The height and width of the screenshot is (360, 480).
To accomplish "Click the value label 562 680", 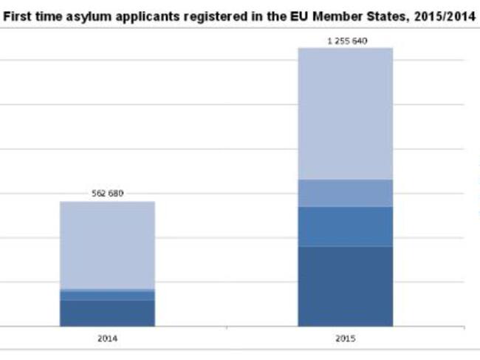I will [x=107, y=194].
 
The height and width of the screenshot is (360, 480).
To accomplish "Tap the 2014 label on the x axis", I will [x=107, y=339].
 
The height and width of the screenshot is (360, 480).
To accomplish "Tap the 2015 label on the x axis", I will [x=346, y=339].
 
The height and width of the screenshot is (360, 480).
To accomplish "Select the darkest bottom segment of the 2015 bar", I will [x=346, y=285].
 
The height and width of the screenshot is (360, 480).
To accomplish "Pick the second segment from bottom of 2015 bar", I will [x=346, y=225].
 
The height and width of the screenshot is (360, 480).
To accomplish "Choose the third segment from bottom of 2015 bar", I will [x=346, y=192].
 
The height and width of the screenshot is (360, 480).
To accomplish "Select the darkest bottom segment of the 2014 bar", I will [x=107, y=312].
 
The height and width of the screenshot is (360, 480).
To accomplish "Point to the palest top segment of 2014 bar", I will [x=107, y=244].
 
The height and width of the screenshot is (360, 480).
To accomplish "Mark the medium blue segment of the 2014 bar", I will [x=107, y=294].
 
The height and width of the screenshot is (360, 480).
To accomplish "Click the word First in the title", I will [x=18, y=16].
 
